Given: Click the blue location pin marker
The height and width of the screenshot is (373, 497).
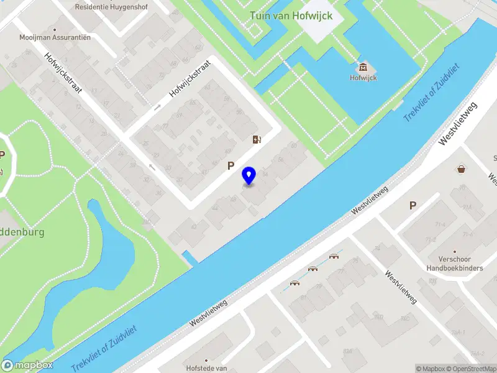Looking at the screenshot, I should pos(249,176).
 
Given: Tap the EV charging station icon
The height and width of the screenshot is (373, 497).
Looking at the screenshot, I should pos(257,139).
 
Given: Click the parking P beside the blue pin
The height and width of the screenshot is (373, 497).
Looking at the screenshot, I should pos(231,166).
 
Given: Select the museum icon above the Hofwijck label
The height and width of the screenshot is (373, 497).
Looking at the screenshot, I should pos(363,67).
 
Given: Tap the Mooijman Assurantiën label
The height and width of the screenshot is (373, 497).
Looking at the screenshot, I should pos(55,37).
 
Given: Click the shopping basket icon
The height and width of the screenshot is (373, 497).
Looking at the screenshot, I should pos(462,168).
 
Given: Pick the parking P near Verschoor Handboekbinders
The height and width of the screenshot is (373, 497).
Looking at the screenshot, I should pos(412,205).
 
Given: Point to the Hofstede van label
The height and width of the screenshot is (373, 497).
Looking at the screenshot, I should pos(206,368).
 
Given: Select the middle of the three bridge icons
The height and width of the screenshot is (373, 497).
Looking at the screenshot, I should pos(313,269).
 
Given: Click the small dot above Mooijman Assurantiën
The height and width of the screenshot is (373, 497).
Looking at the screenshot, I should pos(55,29).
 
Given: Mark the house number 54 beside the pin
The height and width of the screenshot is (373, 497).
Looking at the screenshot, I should pos(266,174).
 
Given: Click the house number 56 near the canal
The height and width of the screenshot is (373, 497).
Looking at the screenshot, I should pos(280,160).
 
